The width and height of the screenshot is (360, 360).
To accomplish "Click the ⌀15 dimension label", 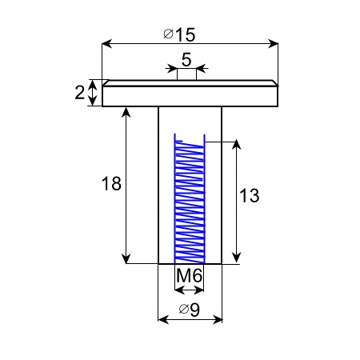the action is (179, 34).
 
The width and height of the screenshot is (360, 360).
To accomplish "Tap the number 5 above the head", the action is (186, 59).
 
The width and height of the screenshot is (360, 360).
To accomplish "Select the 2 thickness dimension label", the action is (79, 93).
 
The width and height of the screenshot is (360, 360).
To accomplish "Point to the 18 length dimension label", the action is (111, 183).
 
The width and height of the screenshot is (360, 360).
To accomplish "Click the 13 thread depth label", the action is (250, 195).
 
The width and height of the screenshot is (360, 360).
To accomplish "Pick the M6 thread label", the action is (189, 275).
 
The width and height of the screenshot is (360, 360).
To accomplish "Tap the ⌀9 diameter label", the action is (190, 310).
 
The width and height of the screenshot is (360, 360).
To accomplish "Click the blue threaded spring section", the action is (190, 198).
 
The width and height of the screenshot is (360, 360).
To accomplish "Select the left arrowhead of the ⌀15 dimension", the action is (107, 44).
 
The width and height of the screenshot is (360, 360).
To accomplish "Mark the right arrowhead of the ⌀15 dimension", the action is (273, 44).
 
